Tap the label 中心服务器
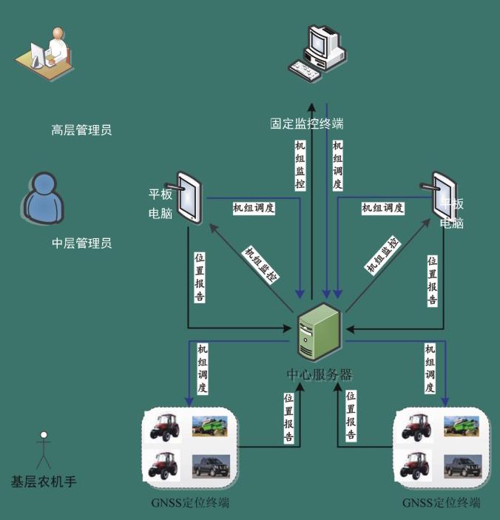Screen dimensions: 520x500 (x=320, y=374)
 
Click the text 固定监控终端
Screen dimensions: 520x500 (x=306, y=123)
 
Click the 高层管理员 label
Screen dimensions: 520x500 (x=81, y=131)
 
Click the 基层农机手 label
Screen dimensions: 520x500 (x=44, y=482)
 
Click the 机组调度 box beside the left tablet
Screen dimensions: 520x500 (x=254, y=208)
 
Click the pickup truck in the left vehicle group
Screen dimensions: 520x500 (x=211, y=466)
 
